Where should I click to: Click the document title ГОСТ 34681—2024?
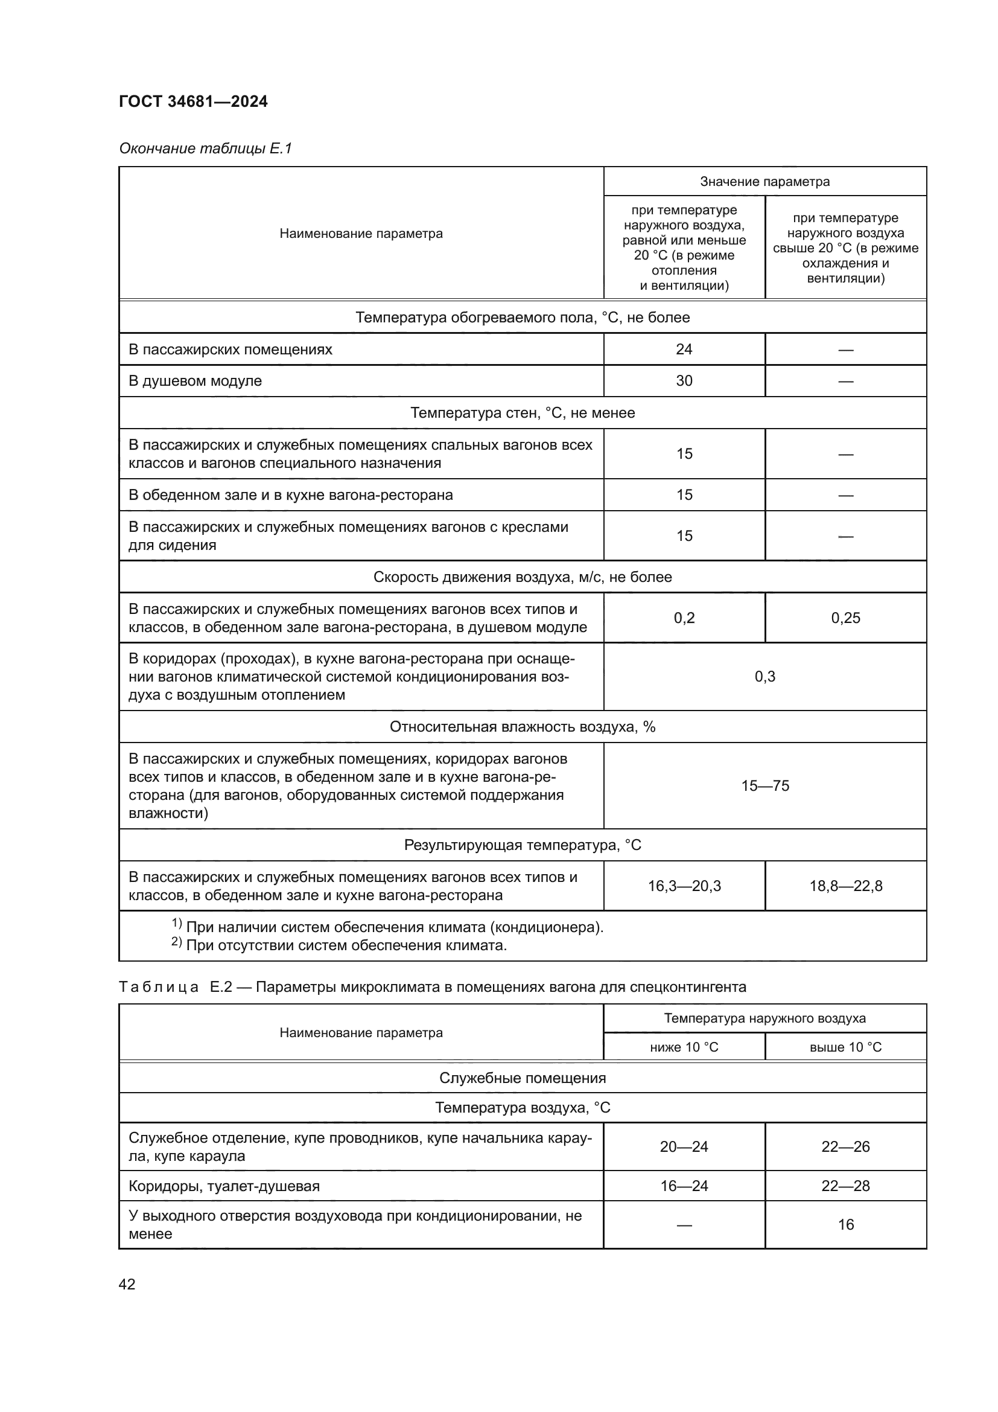193,101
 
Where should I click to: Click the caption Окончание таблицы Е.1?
205,149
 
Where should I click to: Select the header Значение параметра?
764,182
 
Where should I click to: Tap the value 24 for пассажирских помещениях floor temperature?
684,350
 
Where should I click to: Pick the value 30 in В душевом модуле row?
684,381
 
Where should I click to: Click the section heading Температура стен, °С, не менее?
523,413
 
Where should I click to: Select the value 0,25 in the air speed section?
845,618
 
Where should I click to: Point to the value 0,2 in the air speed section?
684,618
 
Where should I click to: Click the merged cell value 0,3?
764,677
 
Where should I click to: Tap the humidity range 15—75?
764,786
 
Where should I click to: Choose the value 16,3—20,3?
684,886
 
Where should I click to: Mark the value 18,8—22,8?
845,886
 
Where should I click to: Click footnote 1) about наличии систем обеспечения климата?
387,927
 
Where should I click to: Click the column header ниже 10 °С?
684,1047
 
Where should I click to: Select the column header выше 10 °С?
845,1047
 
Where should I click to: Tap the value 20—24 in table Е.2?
684,1146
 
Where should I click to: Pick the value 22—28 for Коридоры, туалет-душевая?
845,1186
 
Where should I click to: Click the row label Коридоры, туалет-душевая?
224,1186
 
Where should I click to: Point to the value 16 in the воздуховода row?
845,1224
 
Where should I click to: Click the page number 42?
127,1284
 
